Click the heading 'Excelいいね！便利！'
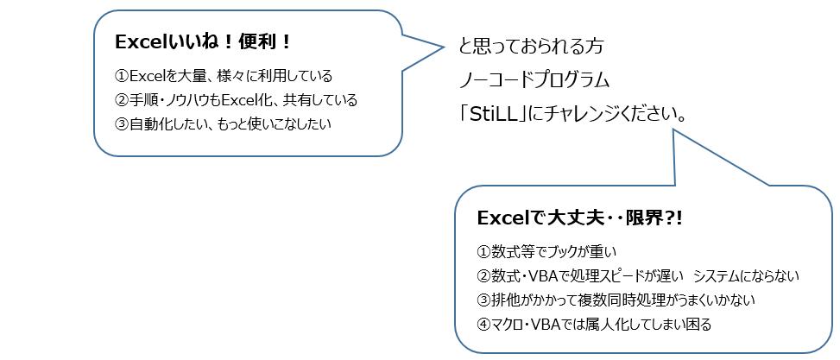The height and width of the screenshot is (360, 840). coord(203,43)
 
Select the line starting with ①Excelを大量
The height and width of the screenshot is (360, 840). coord(224,76)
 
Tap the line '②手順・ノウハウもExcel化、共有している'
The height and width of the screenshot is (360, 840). coord(236,99)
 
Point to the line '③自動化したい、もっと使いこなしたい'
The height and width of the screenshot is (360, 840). coord(224,123)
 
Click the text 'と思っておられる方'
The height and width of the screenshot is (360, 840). coord(532,47)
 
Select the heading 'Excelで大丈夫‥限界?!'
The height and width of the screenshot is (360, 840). coord(579,218)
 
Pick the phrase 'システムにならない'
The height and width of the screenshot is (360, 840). coord(746,275)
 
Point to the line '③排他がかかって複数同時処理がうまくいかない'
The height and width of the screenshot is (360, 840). coord(616,300)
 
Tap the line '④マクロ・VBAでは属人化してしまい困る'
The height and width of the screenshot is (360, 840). coord(594,325)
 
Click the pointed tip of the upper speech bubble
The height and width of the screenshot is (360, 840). coord(445,47)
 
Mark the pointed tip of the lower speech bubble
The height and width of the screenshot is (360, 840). coord(673,129)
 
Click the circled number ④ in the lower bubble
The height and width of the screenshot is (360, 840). coord(483,325)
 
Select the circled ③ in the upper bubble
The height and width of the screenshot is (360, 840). coord(122,123)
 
